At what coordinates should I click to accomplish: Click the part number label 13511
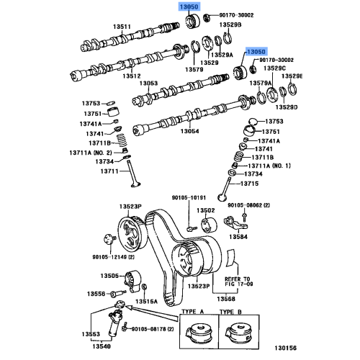click(x=120, y=28)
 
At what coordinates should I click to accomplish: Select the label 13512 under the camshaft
click(x=132, y=76)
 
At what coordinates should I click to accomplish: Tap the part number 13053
click(x=148, y=84)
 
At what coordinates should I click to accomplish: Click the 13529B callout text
click(x=230, y=24)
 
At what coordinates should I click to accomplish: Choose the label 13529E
click(x=291, y=76)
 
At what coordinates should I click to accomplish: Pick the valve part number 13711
click(x=109, y=171)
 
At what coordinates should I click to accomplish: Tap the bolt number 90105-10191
click(x=188, y=197)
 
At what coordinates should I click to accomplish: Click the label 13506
click(x=109, y=275)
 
